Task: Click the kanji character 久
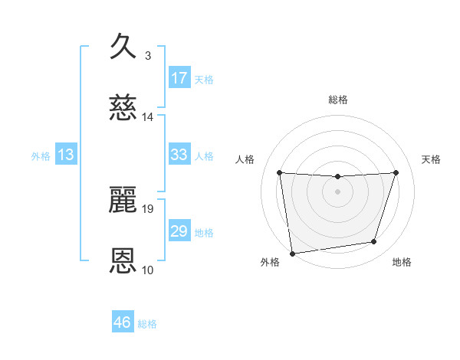click(123, 46)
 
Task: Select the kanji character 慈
click(123, 108)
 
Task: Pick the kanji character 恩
click(123, 261)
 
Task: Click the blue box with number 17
click(179, 78)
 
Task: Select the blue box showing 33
click(179, 155)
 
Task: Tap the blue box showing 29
click(179, 231)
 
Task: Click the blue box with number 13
click(66, 155)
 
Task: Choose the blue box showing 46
click(123, 322)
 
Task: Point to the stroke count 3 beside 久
click(148, 55)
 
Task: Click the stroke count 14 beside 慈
click(148, 117)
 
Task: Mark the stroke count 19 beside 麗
click(148, 208)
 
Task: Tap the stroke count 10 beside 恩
click(148, 270)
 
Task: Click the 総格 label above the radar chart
click(338, 100)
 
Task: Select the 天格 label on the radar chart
click(431, 159)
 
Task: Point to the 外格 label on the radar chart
click(270, 262)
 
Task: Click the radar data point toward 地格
click(374, 242)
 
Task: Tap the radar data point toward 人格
click(280, 172)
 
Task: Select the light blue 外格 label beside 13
click(41, 155)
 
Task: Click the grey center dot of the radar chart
click(338, 191)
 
